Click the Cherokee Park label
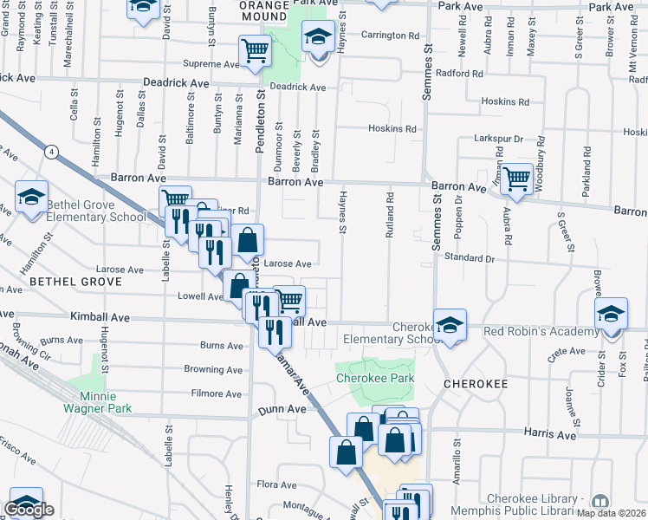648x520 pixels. click(375, 378)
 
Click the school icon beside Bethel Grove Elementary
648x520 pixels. click(31, 198)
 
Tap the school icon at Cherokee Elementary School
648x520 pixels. click(450, 325)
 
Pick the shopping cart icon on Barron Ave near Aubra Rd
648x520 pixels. click(517, 179)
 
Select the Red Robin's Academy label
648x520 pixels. click(541, 331)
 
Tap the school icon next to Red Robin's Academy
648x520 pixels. click(611, 315)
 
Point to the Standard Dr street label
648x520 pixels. click(469, 258)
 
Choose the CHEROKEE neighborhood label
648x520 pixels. click(473, 382)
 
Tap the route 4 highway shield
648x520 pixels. click(52, 153)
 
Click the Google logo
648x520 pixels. click(29, 510)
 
